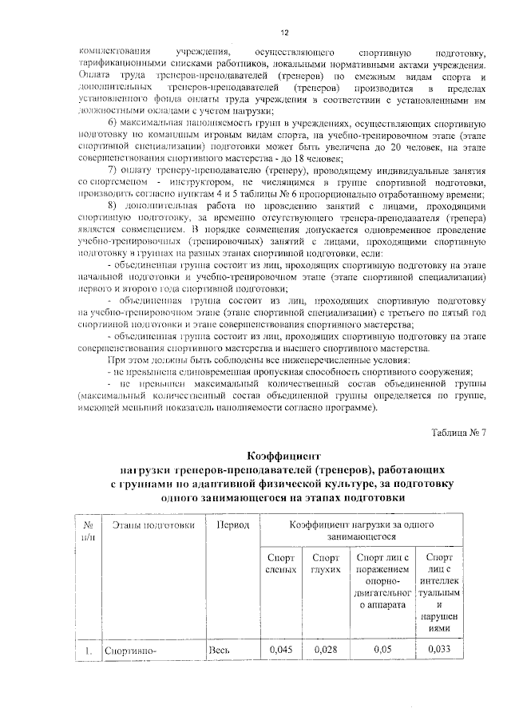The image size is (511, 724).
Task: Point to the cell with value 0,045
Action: pyautogui.click(x=280, y=649)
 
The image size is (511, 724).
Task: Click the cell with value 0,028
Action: pyautogui.click(x=325, y=649)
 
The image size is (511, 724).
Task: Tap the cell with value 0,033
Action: pyautogui.click(x=440, y=649)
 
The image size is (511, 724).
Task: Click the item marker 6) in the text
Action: pyautogui.click(x=112, y=122)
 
